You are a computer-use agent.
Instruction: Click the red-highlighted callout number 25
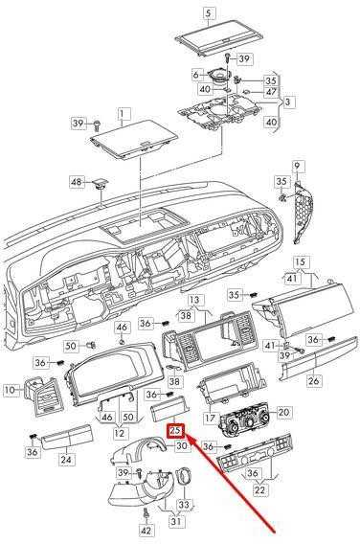point(176,431)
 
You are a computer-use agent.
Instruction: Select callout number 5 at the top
point(208,13)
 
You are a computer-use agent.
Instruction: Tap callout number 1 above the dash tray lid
point(123,113)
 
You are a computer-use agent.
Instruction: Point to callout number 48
point(77,181)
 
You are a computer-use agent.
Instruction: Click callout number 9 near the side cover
point(297,167)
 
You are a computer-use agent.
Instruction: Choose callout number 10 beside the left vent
point(11,390)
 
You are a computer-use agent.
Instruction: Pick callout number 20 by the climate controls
point(284,412)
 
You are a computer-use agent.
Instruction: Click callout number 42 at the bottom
point(146,531)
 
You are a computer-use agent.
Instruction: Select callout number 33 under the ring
point(184,504)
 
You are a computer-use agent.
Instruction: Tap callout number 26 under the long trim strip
point(314,380)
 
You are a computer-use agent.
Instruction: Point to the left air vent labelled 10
point(43,397)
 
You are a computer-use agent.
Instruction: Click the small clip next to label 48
point(100,184)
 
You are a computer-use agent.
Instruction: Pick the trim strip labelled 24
point(66,434)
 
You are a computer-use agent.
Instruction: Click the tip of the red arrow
point(188,436)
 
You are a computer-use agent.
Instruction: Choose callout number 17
point(211,418)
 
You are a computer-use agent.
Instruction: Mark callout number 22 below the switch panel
point(259,489)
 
